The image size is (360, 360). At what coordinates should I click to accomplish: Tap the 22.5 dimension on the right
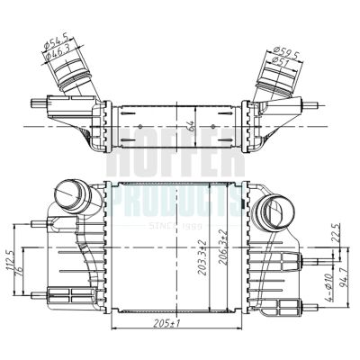click(x=335, y=232)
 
